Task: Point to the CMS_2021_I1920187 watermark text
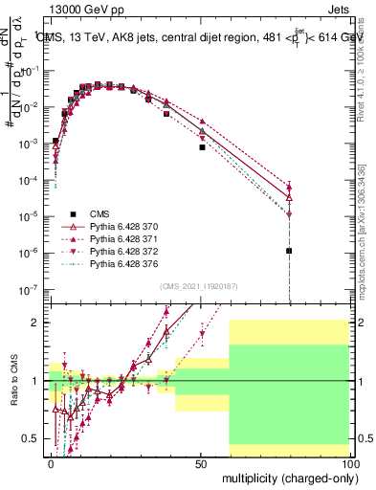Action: point(198,285)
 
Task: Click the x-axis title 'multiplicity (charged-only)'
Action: point(285,478)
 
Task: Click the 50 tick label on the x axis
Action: point(200,463)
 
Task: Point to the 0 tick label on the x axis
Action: point(51,463)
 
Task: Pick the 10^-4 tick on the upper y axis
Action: point(28,179)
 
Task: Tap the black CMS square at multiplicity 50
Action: point(202,147)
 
